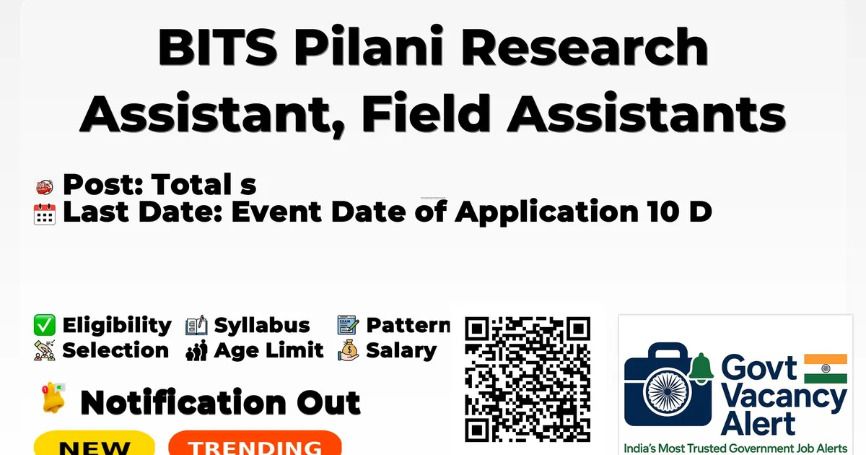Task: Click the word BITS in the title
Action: coord(217,46)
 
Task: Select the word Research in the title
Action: coord(584,46)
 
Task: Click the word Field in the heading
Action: coord(426,113)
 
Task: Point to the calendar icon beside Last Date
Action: coord(45,214)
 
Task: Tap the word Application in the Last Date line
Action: coord(546,212)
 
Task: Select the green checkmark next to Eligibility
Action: coord(45,325)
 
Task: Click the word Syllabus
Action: coord(262,326)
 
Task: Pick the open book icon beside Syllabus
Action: coord(196,325)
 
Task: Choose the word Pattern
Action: coord(408,325)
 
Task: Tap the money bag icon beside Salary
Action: coord(349,350)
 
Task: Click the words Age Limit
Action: coord(268,350)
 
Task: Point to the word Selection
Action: coord(115,350)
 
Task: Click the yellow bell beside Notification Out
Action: coord(53,397)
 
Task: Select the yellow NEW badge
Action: coord(95,443)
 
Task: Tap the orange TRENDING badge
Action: coord(255,443)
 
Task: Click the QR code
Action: coord(528,379)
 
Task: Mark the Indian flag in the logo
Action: coord(826,368)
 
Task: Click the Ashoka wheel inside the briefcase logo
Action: coord(668,391)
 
